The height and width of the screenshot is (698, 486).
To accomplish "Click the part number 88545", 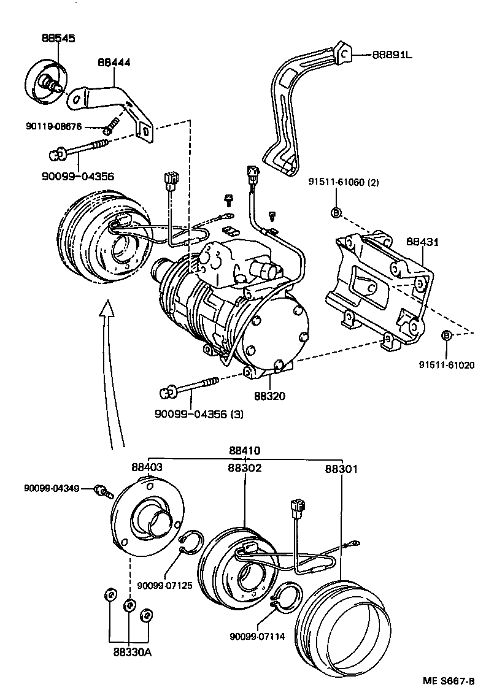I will [58, 38].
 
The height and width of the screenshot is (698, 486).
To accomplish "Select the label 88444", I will [114, 63].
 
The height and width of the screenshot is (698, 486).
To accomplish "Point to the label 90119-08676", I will [55, 127].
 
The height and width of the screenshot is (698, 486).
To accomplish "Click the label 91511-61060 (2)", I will [345, 182].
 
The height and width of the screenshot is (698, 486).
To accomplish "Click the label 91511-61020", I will [447, 364].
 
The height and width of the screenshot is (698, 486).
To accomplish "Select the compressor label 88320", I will [269, 396].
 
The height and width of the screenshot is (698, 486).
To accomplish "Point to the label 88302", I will [244, 467].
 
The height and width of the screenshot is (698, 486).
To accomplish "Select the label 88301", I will [341, 469].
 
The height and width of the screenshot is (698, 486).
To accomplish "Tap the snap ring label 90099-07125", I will [164, 585].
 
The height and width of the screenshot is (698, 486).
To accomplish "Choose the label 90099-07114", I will [257, 636].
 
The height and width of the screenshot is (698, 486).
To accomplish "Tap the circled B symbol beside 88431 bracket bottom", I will [447, 335].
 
